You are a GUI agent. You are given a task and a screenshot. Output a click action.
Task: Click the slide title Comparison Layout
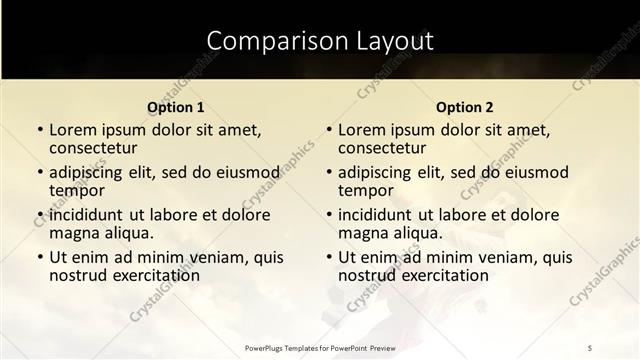click(320, 41)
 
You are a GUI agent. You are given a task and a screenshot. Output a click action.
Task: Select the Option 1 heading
click(175, 107)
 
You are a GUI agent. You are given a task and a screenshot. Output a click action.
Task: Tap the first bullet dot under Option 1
click(40, 131)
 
